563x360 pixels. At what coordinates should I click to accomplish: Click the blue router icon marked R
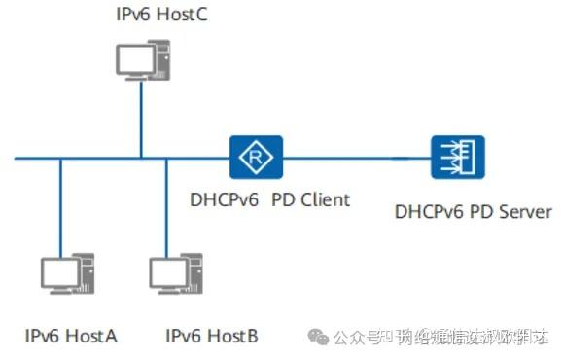(x=256, y=158)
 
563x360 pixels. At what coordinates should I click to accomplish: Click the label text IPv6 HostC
(x=160, y=16)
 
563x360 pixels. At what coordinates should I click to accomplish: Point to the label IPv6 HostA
(x=71, y=336)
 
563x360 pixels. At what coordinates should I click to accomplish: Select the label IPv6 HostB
(x=212, y=336)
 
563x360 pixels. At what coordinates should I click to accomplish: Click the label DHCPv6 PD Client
(x=269, y=200)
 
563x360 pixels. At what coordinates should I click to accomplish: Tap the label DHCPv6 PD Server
(x=474, y=211)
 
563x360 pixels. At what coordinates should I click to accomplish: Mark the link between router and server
(x=355, y=158)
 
